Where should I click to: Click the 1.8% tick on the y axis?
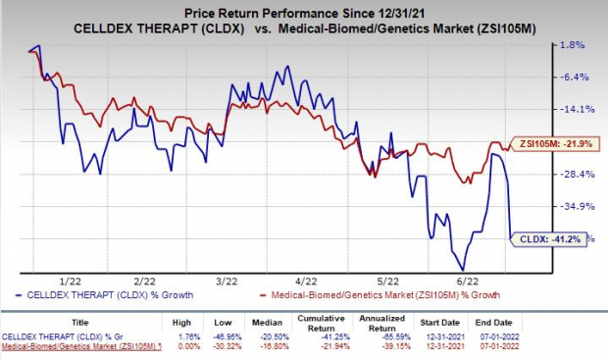point(571,45)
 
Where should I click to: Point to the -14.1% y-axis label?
point(573,110)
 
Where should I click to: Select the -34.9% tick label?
point(573,207)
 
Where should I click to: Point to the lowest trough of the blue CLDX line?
point(461,270)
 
